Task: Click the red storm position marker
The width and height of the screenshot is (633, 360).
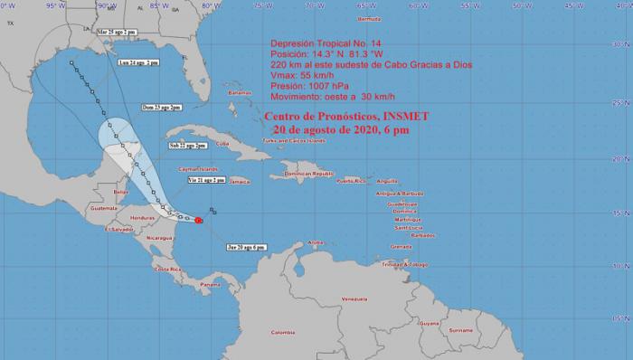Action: point(198,218)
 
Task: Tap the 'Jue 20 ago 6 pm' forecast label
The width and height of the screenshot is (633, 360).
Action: point(245,247)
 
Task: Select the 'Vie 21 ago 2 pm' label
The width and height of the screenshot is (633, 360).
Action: point(205,181)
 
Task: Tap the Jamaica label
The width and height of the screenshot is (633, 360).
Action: point(240,181)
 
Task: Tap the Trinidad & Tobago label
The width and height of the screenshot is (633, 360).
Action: point(410,263)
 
